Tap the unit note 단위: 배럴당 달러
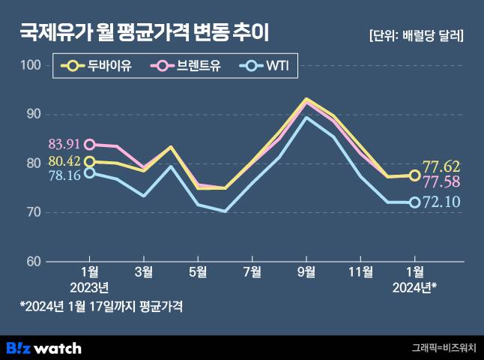pyautogui.click(x=417, y=34)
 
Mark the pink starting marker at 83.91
pyautogui.click(x=89, y=144)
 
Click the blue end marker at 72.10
pyautogui.click(x=414, y=202)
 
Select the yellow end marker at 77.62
pyautogui.click(x=414, y=175)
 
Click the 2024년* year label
pyautogui.click(x=414, y=287)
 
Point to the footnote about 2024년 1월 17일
pyautogui.click(x=101, y=306)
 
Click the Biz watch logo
pyautogui.click(x=43, y=347)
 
